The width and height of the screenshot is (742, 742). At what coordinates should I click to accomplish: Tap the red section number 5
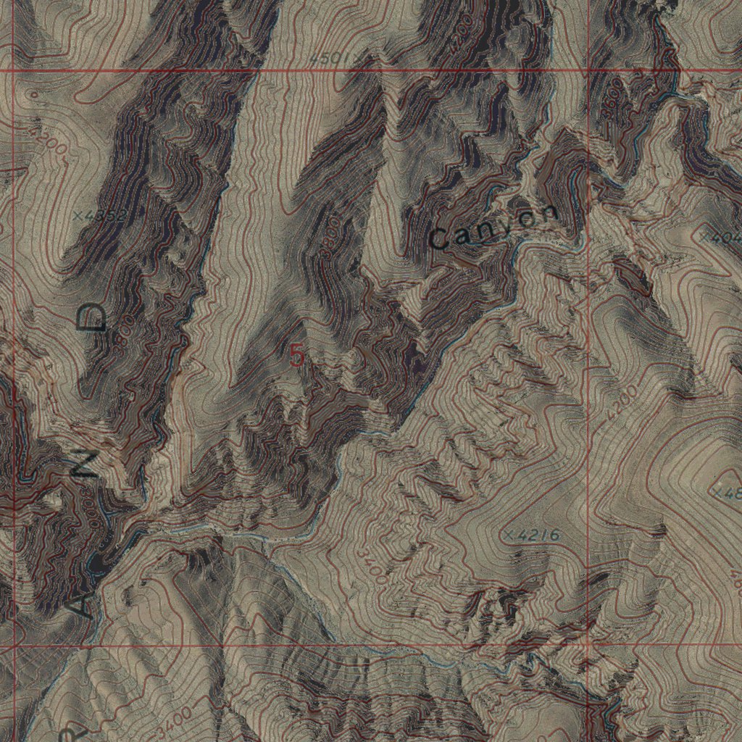click(x=296, y=355)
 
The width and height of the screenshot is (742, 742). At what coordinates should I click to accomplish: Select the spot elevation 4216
click(x=533, y=535)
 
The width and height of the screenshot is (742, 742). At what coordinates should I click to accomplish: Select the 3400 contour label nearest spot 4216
click(x=371, y=565)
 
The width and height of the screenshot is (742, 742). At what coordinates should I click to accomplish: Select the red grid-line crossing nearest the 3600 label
click(x=588, y=70)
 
